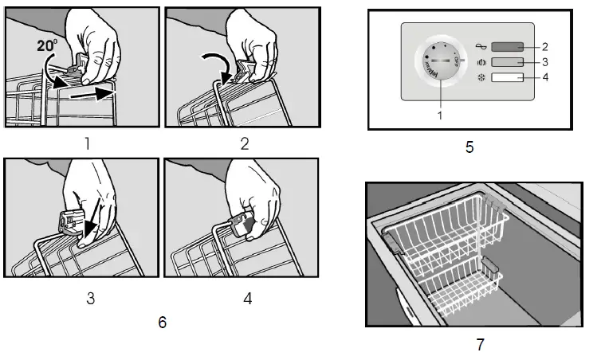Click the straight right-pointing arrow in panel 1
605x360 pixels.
pyautogui.click(x=89, y=94)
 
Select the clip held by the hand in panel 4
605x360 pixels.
pyautogui.click(x=242, y=225)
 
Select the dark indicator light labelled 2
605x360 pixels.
pyautogui.click(x=507, y=47)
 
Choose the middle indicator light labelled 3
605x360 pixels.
pyautogui.click(x=507, y=62)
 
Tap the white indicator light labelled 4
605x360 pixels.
pyautogui.click(x=507, y=78)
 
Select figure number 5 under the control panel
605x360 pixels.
pyautogui.click(x=470, y=147)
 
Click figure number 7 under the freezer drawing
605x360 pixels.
pyautogui.click(x=479, y=344)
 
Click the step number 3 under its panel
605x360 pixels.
pyautogui.click(x=90, y=299)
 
